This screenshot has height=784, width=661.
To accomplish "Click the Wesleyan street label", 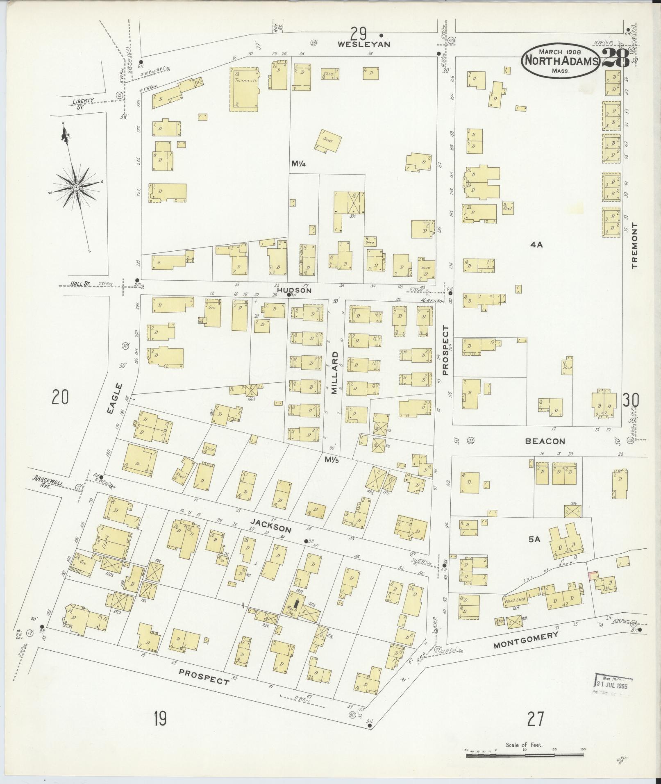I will [x=364, y=44].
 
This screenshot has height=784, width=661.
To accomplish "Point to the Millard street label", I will [x=335, y=373].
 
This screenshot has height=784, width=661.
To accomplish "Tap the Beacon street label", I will [x=545, y=441].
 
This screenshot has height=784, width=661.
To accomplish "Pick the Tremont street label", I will [x=635, y=245].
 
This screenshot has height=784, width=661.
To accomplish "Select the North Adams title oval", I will [x=560, y=60].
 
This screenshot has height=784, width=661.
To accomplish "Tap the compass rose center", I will [x=76, y=187].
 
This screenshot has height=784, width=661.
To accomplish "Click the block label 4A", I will [x=536, y=245].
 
